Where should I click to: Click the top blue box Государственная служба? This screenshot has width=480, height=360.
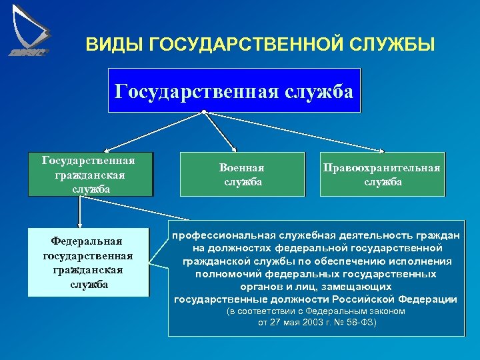(x=234, y=90)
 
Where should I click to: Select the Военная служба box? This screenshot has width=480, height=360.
(x=241, y=175)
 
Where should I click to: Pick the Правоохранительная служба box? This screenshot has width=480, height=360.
(x=382, y=175)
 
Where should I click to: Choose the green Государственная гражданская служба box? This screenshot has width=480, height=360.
(x=89, y=175)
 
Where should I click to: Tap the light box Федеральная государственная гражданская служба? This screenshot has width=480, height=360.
(x=87, y=261)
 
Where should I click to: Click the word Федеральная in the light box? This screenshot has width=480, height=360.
(x=88, y=241)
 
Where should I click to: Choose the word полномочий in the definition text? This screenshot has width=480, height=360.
(x=228, y=274)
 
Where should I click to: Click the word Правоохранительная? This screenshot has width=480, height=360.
(x=382, y=168)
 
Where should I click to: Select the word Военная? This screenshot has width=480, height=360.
(x=241, y=168)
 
